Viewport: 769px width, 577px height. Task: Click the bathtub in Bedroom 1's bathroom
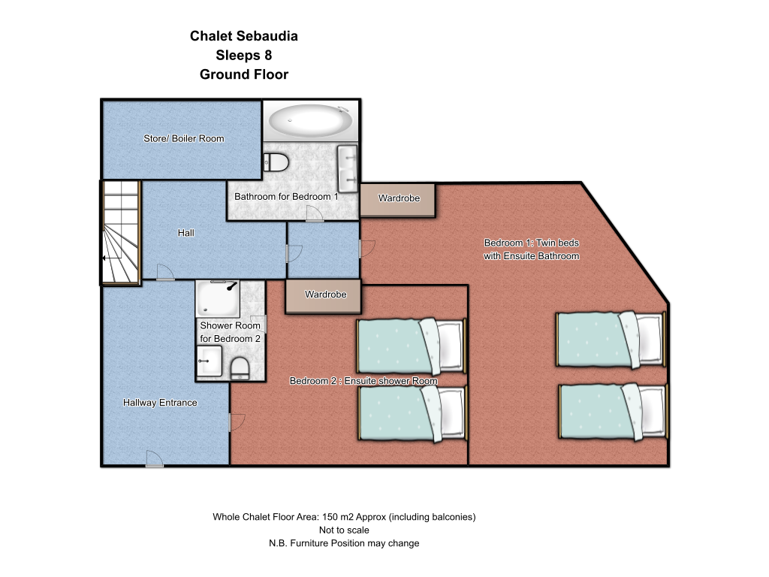click(310, 119)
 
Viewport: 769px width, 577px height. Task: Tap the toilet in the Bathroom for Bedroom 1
click(276, 162)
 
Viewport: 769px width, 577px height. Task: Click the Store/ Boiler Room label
click(183, 139)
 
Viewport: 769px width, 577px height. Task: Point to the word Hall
click(186, 233)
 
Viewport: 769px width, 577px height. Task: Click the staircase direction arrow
click(113, 258)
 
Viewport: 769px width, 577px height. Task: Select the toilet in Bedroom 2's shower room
click(240, 368)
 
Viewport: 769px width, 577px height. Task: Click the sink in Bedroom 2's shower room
click(209, 361)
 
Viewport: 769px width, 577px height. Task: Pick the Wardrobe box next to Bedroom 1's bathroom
click(398, 200)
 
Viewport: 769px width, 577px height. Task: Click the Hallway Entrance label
click(160, 403)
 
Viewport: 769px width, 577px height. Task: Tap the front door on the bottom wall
click(155, 459)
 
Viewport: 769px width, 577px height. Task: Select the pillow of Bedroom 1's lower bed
click(651, 410)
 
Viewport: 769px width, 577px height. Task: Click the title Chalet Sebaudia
click(244, 36)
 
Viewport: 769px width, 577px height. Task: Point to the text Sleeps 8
click(244, 56)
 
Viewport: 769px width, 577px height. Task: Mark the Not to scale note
click(344, 530)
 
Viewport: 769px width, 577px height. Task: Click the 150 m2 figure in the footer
click(337, 517)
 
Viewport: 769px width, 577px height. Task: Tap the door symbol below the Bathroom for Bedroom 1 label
click(315, 214)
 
